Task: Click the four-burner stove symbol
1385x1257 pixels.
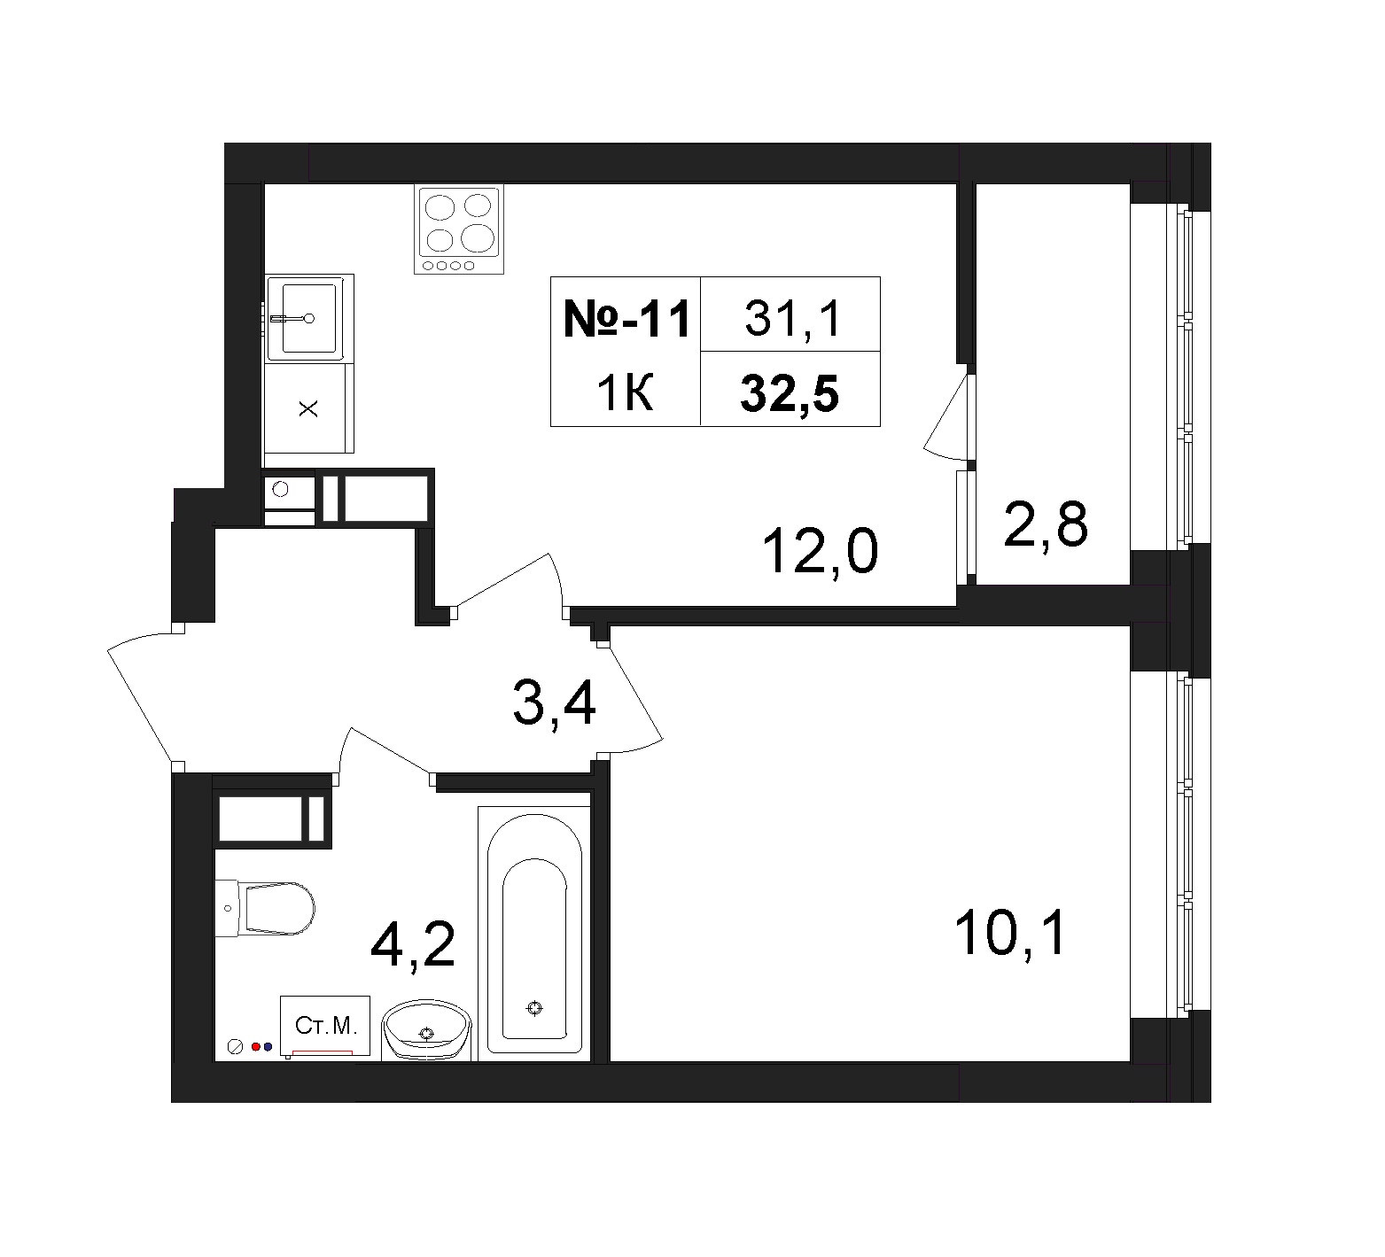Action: [459, 230]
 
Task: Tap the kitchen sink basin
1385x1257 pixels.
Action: [308, 317]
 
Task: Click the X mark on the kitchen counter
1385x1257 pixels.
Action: [308, 409]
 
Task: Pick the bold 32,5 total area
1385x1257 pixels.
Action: [790, 394]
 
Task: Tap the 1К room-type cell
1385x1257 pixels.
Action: [626, 392]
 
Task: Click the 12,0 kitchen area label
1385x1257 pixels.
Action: [821, 550]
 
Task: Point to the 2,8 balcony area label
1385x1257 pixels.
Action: [1046, 524]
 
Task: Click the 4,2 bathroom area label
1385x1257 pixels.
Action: [413, 944]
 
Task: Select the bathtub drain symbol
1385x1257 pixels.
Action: [533, 1008]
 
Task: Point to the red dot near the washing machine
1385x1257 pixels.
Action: [255, 1046]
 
